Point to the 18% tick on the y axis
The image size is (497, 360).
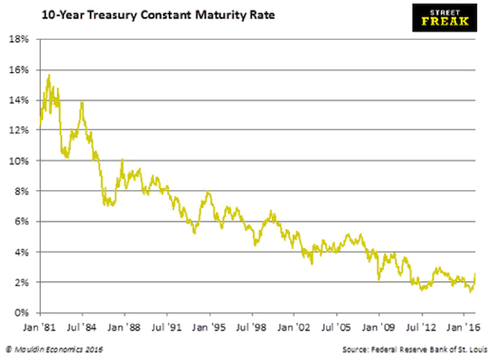[20, 39]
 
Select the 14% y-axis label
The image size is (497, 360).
[20, 100]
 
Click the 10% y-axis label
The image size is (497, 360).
[20, 161]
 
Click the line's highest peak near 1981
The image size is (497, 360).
[50, 75]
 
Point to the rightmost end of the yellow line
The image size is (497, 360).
[475, 273]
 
